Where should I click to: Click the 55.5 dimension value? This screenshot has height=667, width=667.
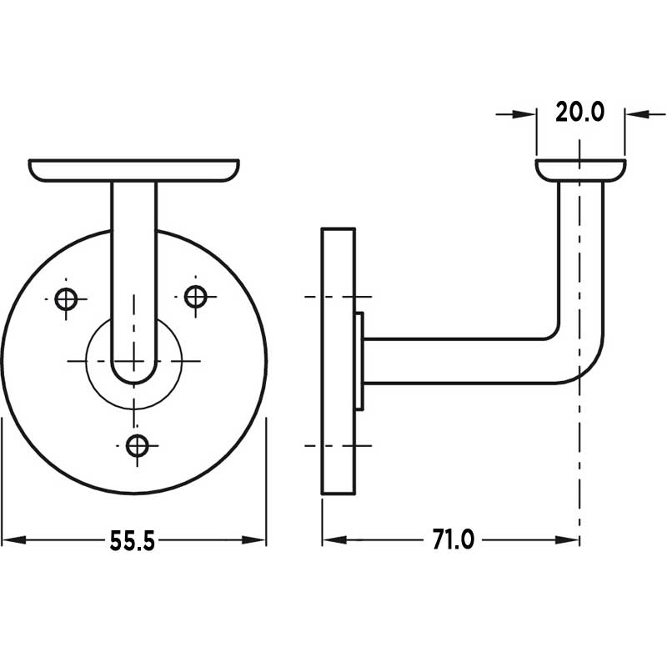133,541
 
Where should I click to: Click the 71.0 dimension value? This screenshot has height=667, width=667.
453,540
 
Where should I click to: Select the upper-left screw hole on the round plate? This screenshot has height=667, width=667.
66,298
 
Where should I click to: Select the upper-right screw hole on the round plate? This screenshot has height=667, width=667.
196,295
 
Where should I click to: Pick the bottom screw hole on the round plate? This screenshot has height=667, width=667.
138,445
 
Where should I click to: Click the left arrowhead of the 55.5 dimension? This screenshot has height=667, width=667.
12,540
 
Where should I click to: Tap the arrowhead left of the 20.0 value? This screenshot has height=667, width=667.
525,113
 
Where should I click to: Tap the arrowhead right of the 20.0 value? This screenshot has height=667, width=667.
635,113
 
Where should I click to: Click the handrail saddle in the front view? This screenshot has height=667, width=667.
134,170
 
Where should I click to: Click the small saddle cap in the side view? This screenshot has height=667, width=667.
579,170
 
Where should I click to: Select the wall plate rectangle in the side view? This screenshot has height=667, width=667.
339,361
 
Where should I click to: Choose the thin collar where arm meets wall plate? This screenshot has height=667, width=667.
359,361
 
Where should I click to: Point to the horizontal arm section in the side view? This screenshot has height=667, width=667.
459,361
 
